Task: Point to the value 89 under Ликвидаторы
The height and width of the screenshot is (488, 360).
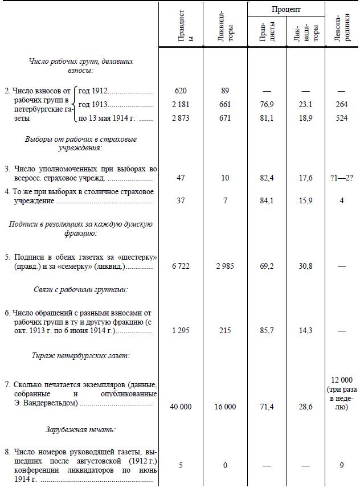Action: click(225, 91)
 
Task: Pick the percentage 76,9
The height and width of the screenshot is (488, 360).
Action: click(267, 105)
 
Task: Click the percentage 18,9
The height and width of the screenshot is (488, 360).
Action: click(306, 119)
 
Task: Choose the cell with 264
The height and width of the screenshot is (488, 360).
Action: click(342, 105)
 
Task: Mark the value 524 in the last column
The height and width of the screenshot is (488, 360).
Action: click(342, 119)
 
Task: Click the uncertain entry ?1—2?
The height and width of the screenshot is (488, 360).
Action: click(342, 178)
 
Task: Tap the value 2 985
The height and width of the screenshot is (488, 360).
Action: click(225, 266)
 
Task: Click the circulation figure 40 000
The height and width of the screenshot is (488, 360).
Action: click(181, 407)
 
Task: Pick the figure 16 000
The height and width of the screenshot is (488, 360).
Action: click(225, 407)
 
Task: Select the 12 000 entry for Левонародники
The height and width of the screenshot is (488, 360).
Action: click(342, 380)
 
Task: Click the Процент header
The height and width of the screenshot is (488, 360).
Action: click(286, 10)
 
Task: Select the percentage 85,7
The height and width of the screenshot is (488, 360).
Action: click(267, 331)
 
